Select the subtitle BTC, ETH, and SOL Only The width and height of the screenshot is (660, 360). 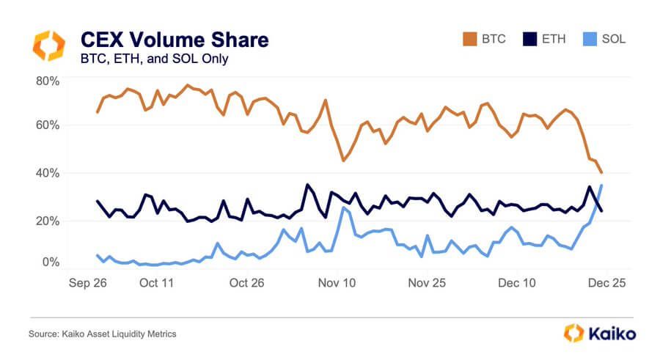click(153, 59)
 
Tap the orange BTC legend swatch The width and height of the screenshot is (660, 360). click(466, 39)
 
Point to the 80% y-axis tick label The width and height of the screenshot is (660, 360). click(48, 80)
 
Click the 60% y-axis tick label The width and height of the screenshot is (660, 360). click(48, 125)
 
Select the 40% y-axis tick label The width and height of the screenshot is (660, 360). click(48, 173)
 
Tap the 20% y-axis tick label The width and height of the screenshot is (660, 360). click(48, 221)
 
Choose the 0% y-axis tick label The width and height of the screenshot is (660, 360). click(51, 262)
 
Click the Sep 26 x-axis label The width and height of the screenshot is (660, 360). click(88, 282)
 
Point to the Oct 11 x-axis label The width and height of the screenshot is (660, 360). click(155, 282)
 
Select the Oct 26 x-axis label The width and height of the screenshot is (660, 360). click(246, 282)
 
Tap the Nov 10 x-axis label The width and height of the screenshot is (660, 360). click(337, 282)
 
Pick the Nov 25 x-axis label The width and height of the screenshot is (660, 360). click(427, 282)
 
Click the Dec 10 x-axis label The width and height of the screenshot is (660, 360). click(518, 282)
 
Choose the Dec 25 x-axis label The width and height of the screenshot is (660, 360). click(608, 282)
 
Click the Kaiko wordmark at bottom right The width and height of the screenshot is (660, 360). click(612, 334)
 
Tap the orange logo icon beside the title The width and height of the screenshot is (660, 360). click(49, 45)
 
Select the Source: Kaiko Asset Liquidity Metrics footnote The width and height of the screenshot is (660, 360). click(103, 334)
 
